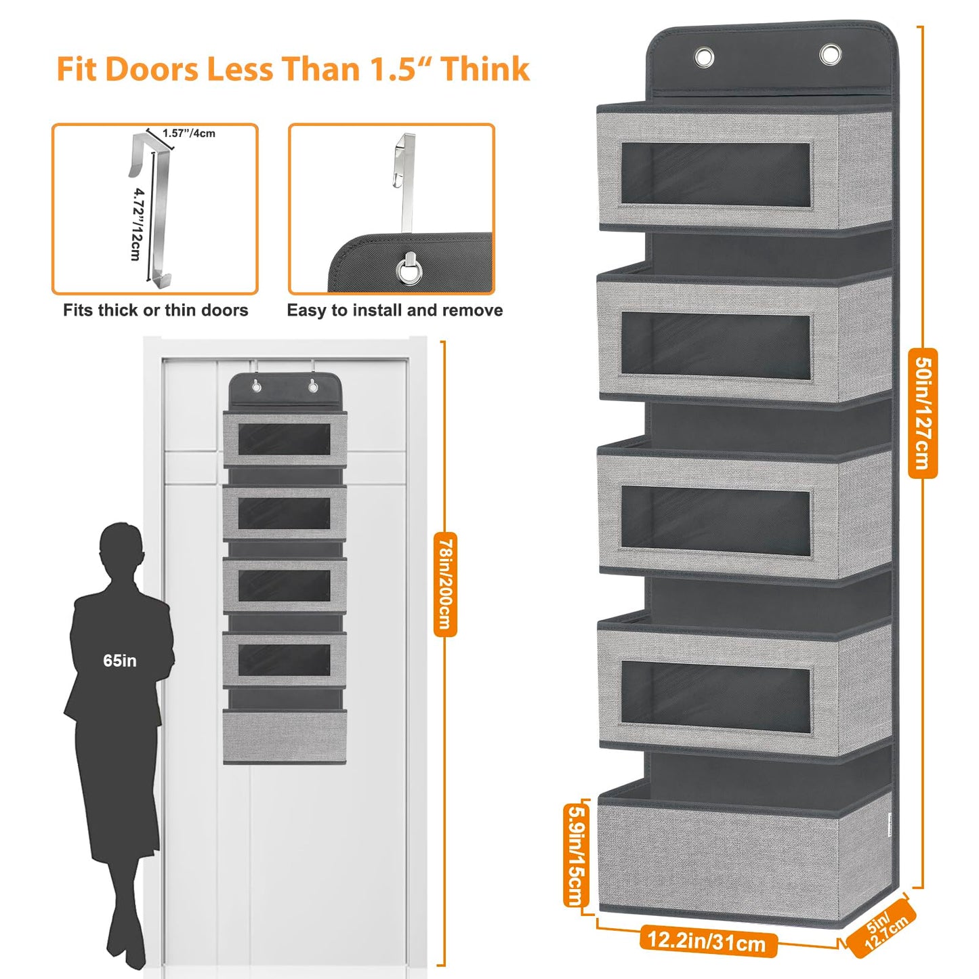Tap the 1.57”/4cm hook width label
click(x=188, y=133)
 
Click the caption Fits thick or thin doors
click(x=155, y=310)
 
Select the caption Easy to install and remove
click(x=395, y=310)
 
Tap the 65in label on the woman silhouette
click(x=120, y=661)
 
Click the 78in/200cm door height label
click(x=445, y=584)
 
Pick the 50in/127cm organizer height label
click(x=922, y=413)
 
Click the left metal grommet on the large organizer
click(x=704, y=58)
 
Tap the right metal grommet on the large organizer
click(x=830, y=54)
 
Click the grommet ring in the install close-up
click(x=409, y=269)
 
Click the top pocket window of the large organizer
click(x=715, y=174)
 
